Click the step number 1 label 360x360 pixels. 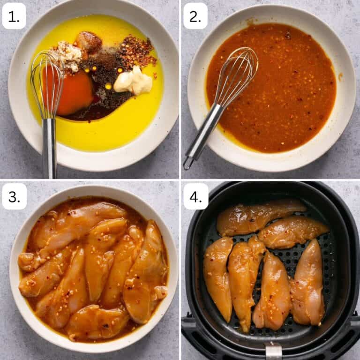(x=14, y=16)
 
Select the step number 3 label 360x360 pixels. (x=14, y=196)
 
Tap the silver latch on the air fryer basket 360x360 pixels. (x=273, y=351)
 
